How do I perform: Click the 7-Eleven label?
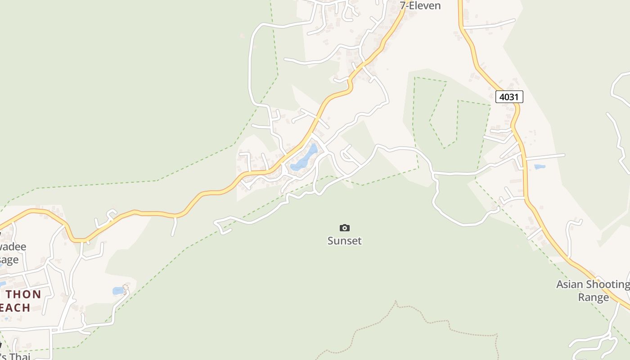tap(420, 5)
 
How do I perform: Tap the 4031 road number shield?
tap(509, 97)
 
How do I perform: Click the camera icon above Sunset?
tap(345, 228)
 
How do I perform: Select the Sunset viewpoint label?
tap(345, 241)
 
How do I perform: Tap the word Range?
tap(593, 297)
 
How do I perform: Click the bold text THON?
tap(23, 295)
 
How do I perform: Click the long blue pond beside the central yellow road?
tap(305, 158)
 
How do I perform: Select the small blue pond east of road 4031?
tap(540, 167)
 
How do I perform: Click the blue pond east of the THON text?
tap(118, 291)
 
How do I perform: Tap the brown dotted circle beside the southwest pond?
tap(126, 287)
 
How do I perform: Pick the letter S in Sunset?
tap(331, 241)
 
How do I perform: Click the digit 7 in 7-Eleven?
tap(403, 5)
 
